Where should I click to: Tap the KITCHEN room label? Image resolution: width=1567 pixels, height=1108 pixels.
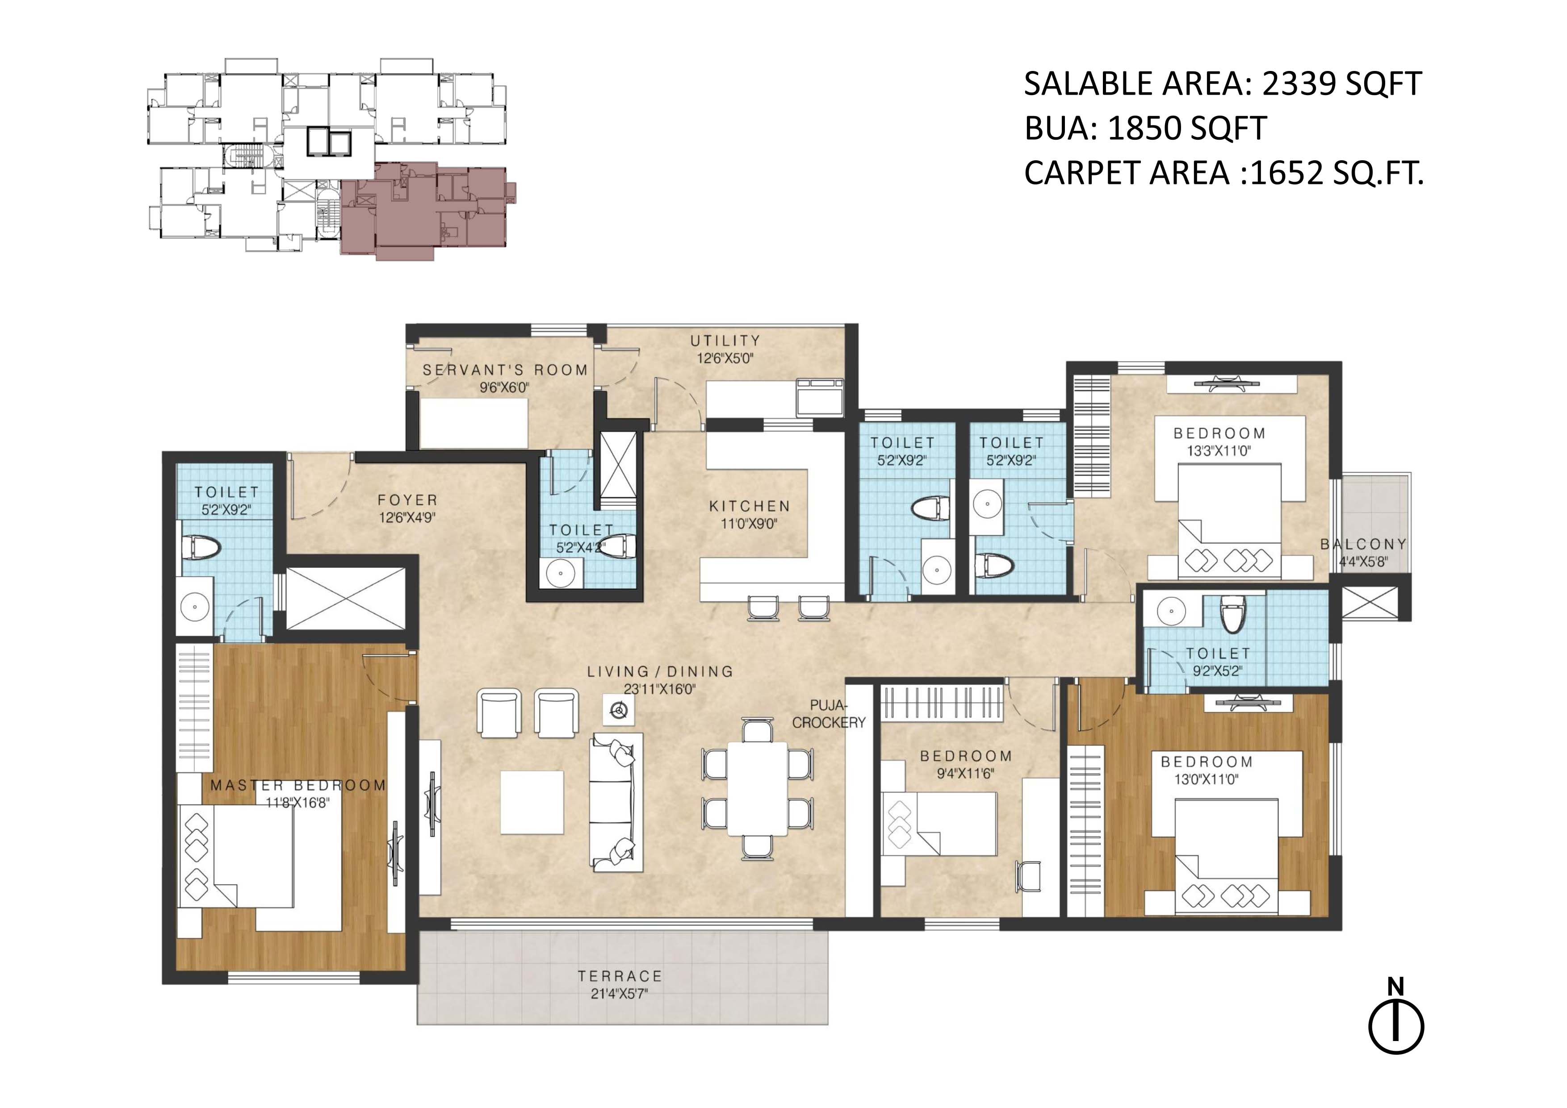pos(750,506)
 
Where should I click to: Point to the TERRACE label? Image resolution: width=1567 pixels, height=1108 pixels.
pos(620,976)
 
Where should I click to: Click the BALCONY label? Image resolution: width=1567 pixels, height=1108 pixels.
pos(1363,545)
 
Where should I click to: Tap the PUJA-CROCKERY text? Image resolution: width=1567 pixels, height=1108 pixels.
pos(829,714)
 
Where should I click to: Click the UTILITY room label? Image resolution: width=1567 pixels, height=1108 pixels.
pos(725,341)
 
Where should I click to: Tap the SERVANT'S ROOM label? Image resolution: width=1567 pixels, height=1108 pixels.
pos(505,370)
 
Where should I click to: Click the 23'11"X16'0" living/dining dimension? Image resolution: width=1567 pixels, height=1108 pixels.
pos(659,689)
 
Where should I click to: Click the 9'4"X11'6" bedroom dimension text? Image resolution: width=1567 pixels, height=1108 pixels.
pos(965,774)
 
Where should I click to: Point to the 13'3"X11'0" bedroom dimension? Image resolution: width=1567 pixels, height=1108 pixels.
pos(1219,451)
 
